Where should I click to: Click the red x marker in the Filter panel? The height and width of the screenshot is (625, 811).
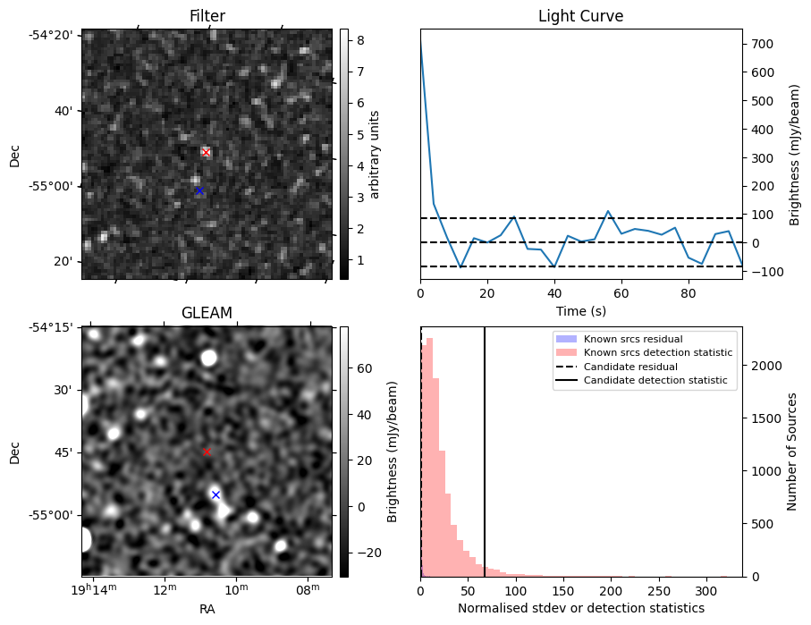tap(206, 152)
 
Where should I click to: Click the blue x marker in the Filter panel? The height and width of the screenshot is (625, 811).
tap(199, 190)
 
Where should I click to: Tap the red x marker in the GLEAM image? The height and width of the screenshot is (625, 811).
tap(207, 452)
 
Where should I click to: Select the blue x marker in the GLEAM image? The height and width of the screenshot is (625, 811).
tap(215, 494)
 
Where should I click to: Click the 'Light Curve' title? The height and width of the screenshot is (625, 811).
tap(580, 16)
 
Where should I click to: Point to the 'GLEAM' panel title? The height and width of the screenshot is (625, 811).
tap(207, 313)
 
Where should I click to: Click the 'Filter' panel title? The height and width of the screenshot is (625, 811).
tap(207, 16)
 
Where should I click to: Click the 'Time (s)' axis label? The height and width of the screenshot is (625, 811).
tap(580, 310)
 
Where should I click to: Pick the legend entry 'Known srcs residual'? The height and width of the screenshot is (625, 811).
tap(632, 339)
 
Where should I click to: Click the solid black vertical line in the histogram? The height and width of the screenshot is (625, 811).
tap(485, 447)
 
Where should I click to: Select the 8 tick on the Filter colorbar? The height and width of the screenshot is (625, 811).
tap(356, 39)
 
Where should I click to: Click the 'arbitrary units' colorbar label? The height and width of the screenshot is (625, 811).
tap(375, 154)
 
